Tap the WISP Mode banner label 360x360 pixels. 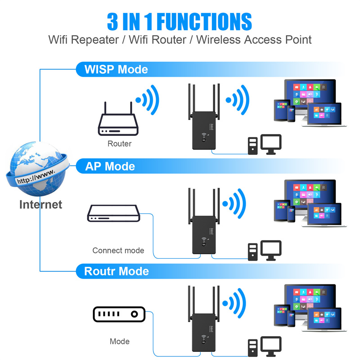[x=116, y=69]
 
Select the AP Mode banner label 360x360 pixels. [x=110, y=166]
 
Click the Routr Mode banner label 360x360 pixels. [x=117, y=271]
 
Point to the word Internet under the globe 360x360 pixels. [x=40, y=204]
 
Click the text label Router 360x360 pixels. [x=119, y=144]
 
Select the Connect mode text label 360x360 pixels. [x=118, y=250]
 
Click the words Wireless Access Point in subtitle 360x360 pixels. [x=254, y=40]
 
